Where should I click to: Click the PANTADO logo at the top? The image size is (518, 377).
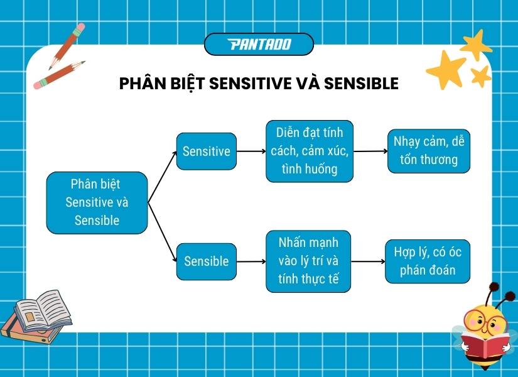click(259, 44)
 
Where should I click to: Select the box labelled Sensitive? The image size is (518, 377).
click(207, 151)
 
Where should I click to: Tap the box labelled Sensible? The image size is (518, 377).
click(207, 261)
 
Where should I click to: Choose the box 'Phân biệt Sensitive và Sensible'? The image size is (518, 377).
click(97, 203)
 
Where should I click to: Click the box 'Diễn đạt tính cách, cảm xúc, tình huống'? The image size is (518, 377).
click(310, 151)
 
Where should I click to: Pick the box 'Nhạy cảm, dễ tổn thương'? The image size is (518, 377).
click(429, 151)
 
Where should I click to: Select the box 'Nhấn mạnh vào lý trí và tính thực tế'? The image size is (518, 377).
click(308, 261)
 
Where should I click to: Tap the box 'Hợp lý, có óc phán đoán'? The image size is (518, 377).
click(428, 261)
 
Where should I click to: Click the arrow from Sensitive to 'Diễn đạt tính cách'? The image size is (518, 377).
click(251, 151)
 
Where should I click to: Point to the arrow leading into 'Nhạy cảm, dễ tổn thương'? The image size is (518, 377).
click(370, 151)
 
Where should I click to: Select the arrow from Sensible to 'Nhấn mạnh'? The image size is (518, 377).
click(252, 261)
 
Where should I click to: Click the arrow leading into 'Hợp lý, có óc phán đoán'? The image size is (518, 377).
click(367, 261)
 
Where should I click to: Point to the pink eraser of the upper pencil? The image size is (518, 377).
click(78, 29)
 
